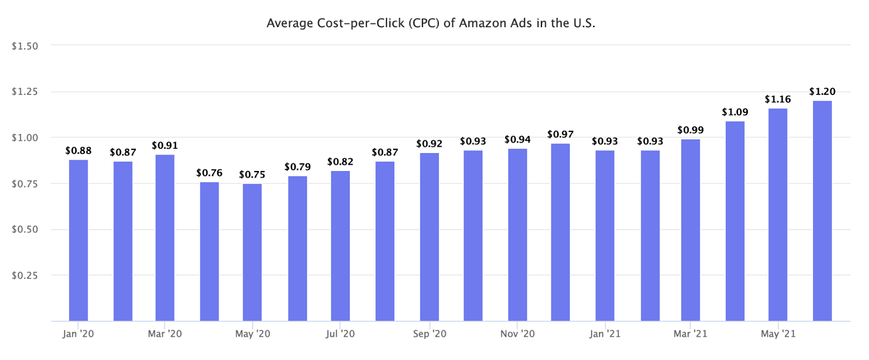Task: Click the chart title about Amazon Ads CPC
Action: tap(431, 23)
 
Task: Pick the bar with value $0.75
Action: tap(252, 252)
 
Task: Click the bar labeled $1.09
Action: tap(735, 221)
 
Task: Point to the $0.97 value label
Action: tap(560, 134)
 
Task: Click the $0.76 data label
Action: tap(209, 173)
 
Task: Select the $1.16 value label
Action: tap(778, 99)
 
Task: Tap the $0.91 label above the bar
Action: tap(165, 146)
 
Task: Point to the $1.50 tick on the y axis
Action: tap(25, 46)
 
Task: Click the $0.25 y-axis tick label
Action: tap(25, 275)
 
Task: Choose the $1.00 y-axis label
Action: tap(25, 138)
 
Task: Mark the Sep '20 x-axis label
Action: tap(430, 334)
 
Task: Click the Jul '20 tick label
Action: tap(340, 334)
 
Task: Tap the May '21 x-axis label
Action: tap(778, 334)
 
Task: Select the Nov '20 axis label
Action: tap(517, 334)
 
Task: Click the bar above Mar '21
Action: tap(690, 230)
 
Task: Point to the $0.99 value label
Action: tap(690, 130)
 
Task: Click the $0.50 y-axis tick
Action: tap(25, 230)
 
